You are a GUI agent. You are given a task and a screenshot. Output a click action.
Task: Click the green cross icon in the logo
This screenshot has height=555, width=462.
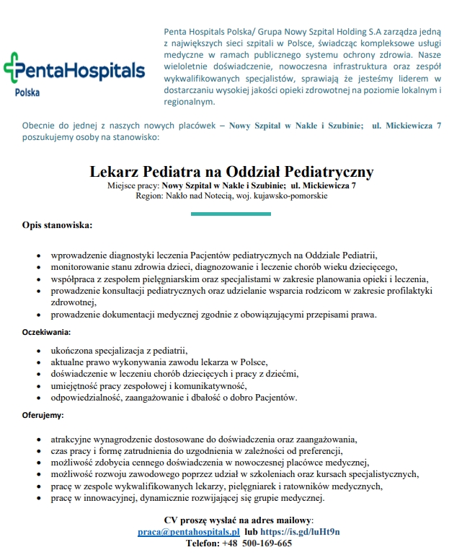(x=14, y=71)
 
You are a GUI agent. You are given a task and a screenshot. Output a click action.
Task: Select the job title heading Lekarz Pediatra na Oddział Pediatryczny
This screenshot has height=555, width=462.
(x=231, y=172)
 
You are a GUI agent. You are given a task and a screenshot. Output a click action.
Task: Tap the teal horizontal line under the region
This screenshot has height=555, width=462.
(x=231, y=214)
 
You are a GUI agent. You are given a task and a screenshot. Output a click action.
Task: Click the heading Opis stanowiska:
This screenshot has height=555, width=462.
(x=57, y=225)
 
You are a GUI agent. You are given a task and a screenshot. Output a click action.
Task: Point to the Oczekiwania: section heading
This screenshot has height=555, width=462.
(x=45, y=332)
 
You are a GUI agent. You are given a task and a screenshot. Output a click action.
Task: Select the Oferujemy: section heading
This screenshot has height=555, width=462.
(x=43, y=415)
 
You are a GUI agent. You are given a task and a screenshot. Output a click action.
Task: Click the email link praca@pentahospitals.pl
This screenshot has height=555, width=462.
(x=184, y=532)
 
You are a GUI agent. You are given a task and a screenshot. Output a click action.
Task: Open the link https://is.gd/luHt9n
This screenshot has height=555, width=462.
(x=300, y=532)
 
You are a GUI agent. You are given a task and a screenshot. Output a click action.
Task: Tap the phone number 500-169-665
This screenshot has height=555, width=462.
(x=267, y=543)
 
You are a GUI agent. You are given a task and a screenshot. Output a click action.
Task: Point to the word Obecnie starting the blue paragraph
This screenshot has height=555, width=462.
(x=40, y=126)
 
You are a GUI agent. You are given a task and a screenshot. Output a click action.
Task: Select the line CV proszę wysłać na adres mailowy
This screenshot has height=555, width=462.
(x=239, y=520)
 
